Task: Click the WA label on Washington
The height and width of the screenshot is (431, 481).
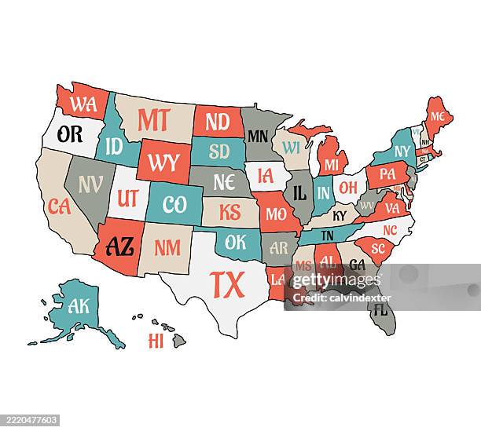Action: (83, 103)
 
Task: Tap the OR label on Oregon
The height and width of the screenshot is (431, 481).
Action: (69, 134)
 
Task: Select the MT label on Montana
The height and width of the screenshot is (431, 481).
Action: (153, 119)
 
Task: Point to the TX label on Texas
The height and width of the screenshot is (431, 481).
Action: (227, 284)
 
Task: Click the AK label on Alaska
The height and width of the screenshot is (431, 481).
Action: (79, 306)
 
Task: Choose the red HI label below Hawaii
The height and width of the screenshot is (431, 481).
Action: (156, 341)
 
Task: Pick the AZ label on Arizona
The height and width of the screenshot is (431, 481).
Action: (119, 247)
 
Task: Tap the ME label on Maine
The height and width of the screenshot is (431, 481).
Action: (438, 116)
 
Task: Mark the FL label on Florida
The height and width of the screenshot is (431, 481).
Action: (380, 309)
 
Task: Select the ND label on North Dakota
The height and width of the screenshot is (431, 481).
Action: (216, 122)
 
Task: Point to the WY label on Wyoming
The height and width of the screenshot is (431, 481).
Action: (163, 163)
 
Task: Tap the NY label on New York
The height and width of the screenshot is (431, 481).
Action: (402, 151)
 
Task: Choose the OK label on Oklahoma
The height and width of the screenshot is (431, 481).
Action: (236, 243)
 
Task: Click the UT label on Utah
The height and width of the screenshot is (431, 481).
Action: (127, 198)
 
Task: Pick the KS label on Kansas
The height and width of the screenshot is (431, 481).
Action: (229, 212)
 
